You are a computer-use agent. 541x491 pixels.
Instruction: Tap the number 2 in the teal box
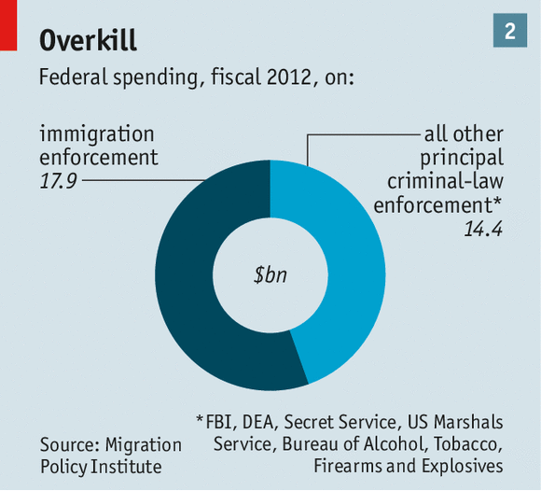(x=510, y=31)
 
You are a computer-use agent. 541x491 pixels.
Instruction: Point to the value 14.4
(x=483, y=227)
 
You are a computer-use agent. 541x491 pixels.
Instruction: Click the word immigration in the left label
(x=97, y=133)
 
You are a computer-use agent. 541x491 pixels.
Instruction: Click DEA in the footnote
(x=265, y=420)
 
